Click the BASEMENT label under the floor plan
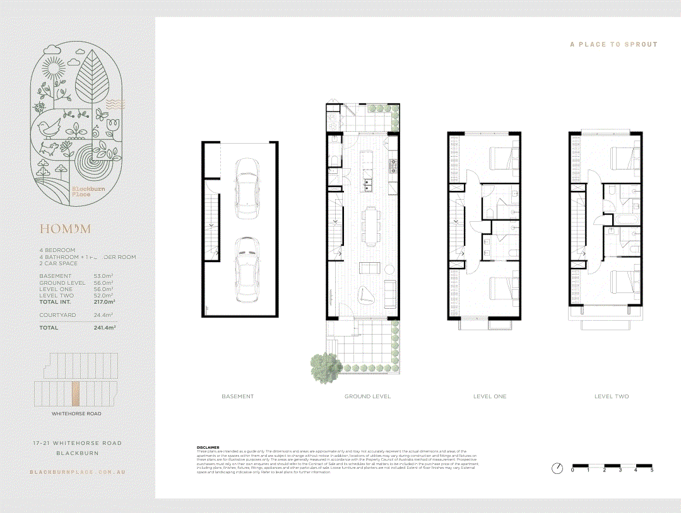[237, 396]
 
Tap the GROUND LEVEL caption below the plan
[367, 396]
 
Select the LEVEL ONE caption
[490, 396]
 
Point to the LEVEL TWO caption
[611, 396]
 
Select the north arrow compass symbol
[557, 468]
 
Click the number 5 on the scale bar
[651, 470]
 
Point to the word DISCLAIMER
[208, 447]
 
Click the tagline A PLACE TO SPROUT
[613, 45]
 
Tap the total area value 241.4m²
[104, 328]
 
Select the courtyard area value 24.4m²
[104, 314]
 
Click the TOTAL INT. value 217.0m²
[104, 302]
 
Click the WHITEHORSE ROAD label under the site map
[76, 414]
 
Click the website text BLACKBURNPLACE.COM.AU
[76, 472]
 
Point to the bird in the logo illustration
[49, 128]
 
